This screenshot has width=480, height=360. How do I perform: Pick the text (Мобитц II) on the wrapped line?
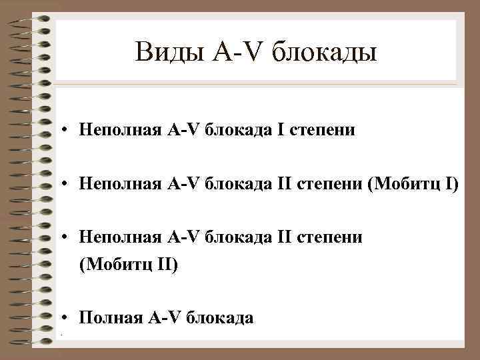129,265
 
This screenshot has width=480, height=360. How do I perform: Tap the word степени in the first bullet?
324,130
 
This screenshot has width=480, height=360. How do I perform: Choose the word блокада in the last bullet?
220,317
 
